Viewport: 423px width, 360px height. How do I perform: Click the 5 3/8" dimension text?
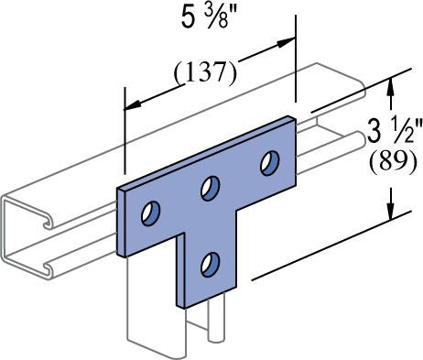(x=205, y=18)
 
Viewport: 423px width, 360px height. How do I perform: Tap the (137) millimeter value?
(x=205, y=72)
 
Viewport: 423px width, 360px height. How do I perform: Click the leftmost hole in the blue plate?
(x=151, y=213)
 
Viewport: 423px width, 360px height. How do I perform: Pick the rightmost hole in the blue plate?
(x=270, y=163)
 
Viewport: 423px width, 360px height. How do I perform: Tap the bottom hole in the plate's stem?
(x=210, y=265)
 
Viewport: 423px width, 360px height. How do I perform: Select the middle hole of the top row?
(x=210, y=189)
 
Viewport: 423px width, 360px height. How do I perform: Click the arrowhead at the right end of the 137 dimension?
(x=287, y=42)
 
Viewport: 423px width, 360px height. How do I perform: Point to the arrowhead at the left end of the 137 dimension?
(x=133, y=105)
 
